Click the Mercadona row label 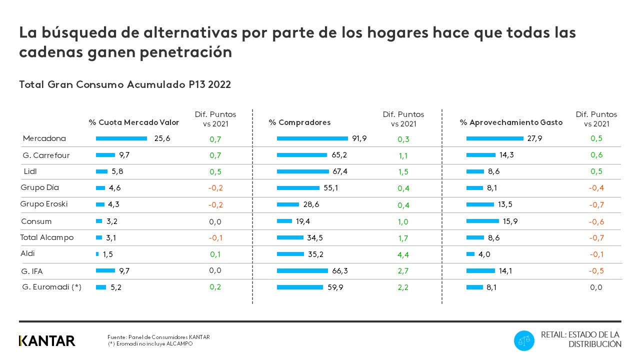tap(44, 138)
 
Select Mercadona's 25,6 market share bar tap(121, 138)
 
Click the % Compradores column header tap(299, 122)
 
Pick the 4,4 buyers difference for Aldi tap(403, 254)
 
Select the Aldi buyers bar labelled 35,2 tap(290, 254)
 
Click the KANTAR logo tap(47, 341)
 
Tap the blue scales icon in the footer tap(524, 340)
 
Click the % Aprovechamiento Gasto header tap(511, 122)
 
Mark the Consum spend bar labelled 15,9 tap(482, 221)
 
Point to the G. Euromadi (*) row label tap(52, 287)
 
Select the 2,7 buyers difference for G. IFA tap(403, 271)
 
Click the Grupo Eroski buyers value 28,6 tap(311, 204)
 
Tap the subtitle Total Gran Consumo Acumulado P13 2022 tap(125, 84)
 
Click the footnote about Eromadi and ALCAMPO tap(150, 344)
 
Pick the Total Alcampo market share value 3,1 tap(111, 237)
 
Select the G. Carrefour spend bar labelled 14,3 tap(480, 155)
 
